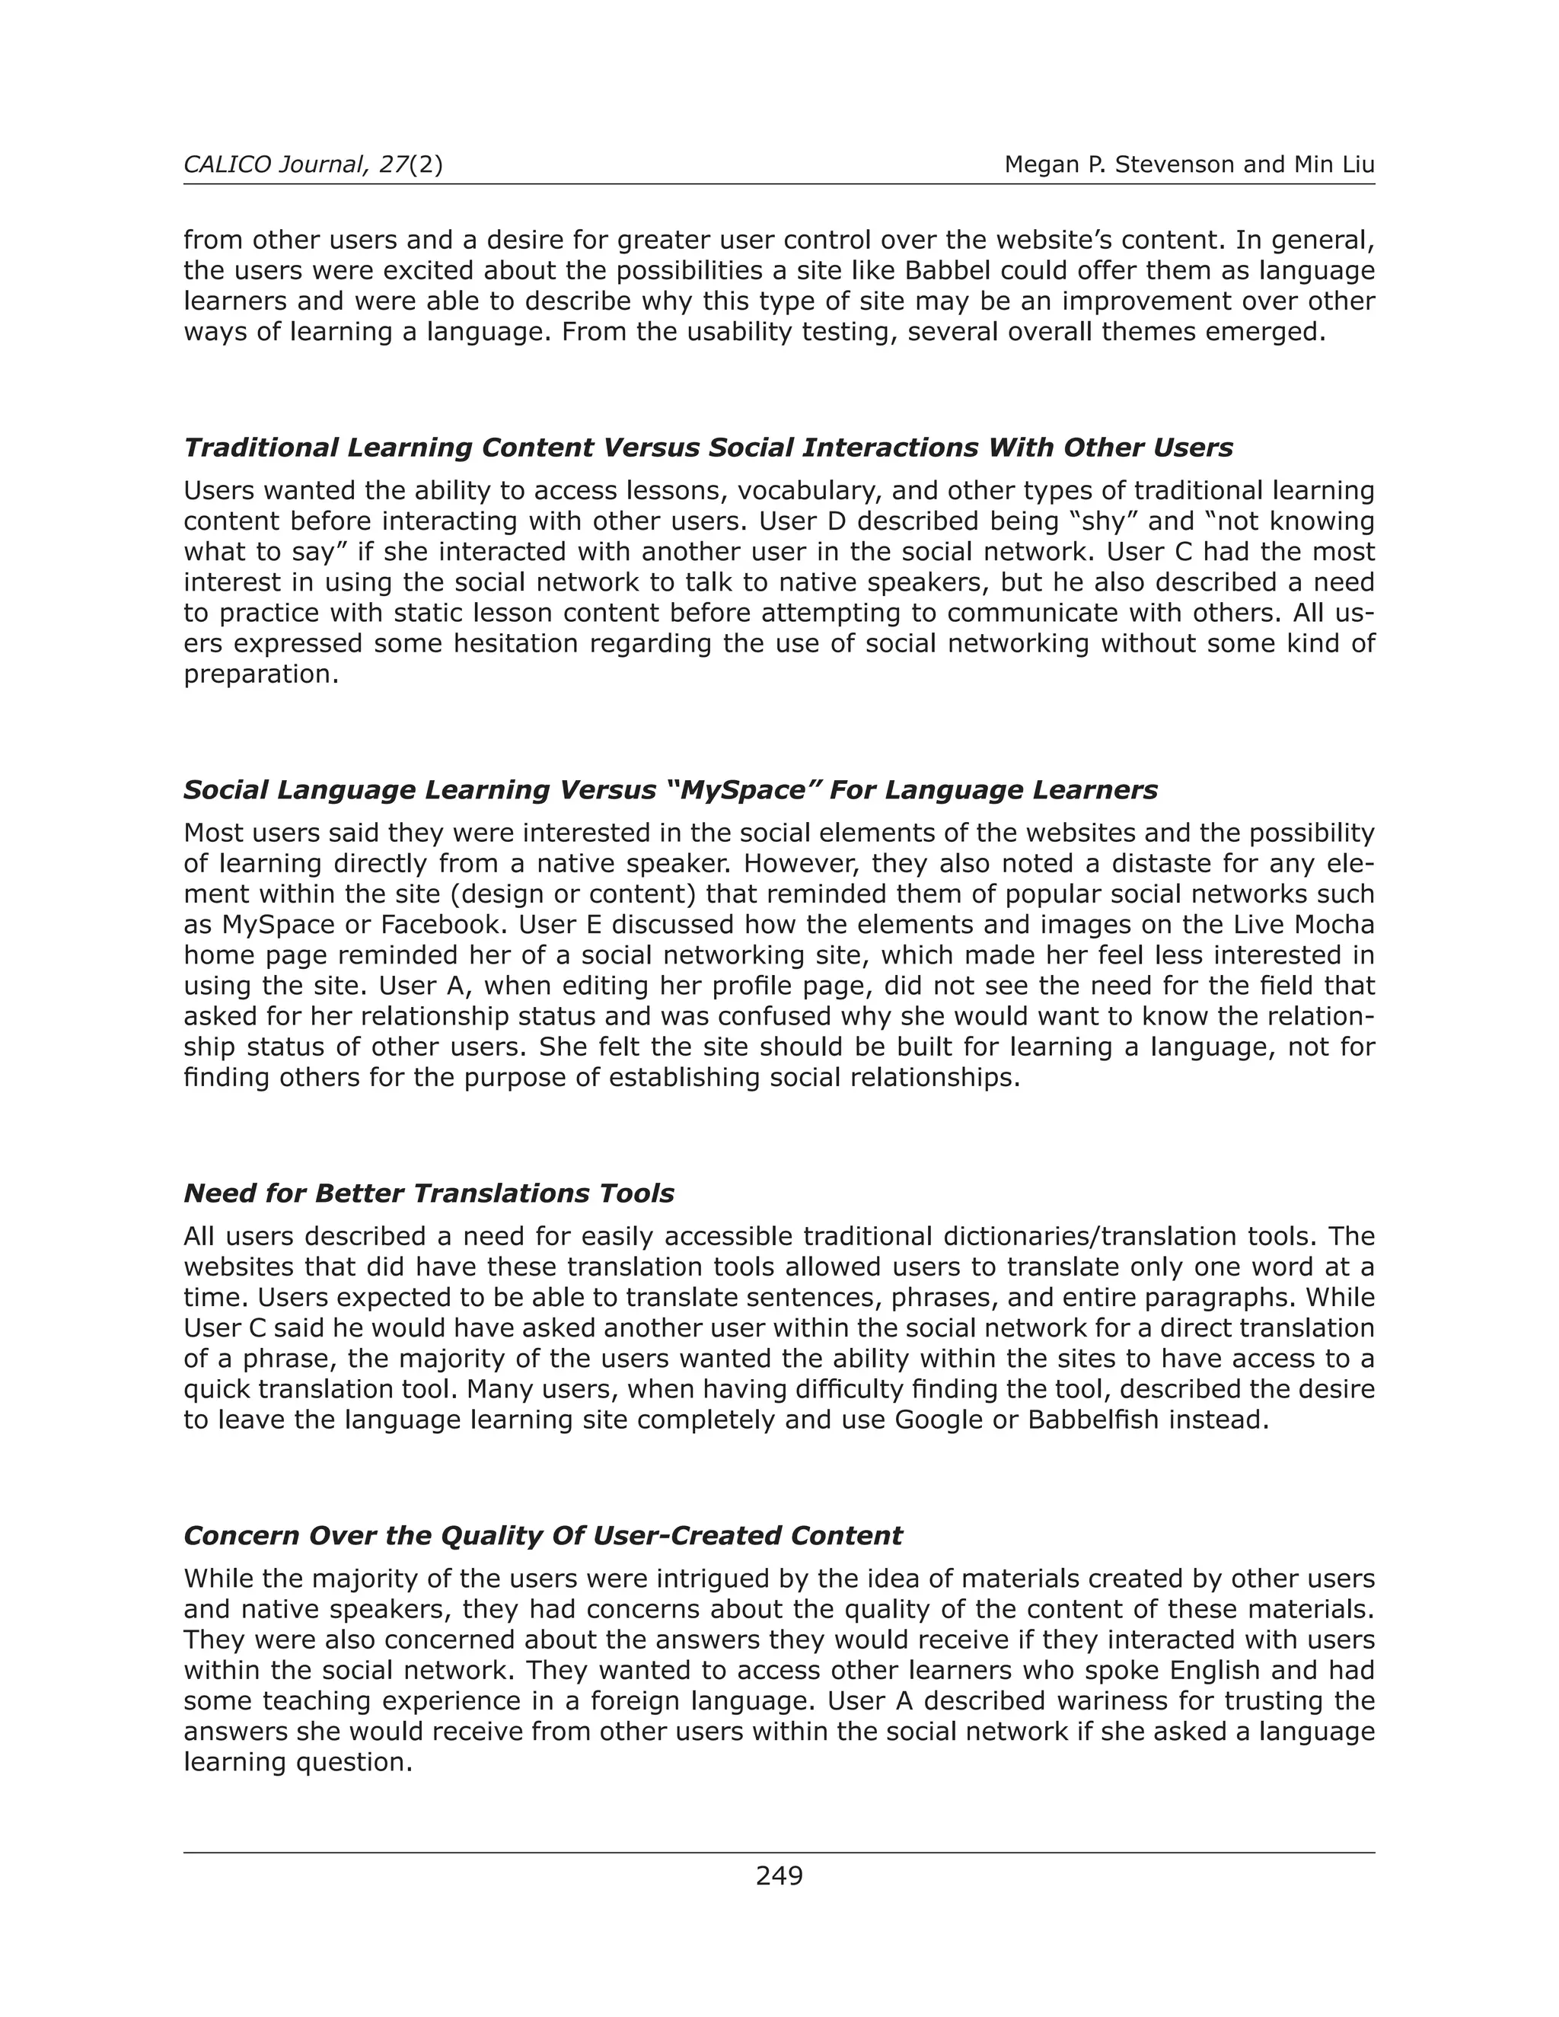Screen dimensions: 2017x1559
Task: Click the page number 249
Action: click(779, 1875)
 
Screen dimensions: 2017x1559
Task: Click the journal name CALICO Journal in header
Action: click(273, 165)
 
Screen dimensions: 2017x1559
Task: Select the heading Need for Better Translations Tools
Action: click(429, 1193)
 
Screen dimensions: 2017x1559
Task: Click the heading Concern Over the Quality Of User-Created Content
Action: click(542, 1536)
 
